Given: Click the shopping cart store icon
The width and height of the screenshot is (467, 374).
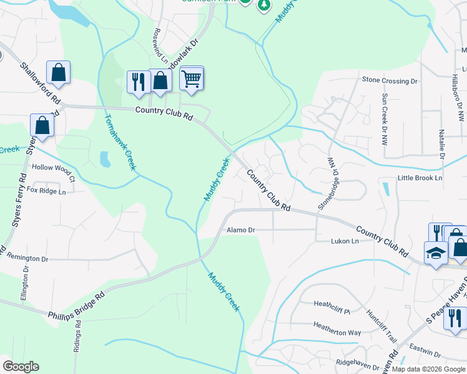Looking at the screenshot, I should click(x=192, y=79).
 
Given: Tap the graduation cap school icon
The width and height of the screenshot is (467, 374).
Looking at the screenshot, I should click(x=435, y=253).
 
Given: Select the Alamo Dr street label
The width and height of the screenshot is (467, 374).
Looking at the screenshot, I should click(x=241, y=230).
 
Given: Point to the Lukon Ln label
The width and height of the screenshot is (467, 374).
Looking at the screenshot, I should click(x=345, y=241).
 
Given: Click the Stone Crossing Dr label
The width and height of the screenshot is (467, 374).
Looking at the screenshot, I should click(x=390, y=81).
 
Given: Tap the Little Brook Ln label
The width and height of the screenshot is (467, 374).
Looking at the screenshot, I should click(x=420, y=178).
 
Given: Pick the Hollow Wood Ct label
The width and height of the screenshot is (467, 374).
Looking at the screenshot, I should click(x=53, y=168).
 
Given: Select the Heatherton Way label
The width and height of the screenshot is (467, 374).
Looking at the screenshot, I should click(x=337, y=333).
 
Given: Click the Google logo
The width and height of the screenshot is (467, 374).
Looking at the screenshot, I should click(x=21, y=367).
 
